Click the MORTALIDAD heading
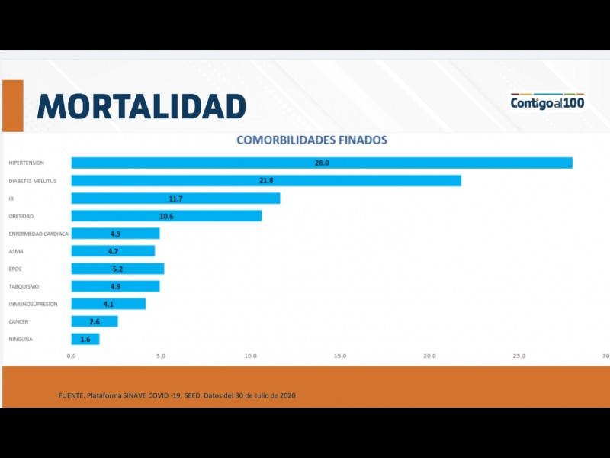[141, 106]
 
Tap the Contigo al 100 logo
[547, 102]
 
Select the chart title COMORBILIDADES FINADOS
[311, 140]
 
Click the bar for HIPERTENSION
[321, 163]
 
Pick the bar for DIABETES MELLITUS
[265, 180]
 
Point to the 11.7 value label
[176, 198]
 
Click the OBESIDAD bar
[166, 216]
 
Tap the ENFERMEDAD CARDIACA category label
[38, 234]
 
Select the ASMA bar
[113, 250]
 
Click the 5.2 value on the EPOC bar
[117, 269]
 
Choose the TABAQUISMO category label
[24, 286]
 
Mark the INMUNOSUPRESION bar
[108, 304]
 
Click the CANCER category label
[18, 321]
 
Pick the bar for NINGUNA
[85, 339]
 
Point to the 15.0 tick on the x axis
[340, 356]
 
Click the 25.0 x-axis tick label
[519, 356]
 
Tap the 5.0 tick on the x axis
[161, 356]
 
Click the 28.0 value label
[321, 163]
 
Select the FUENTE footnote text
[177, 395]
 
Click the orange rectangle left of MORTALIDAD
[13, 105]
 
